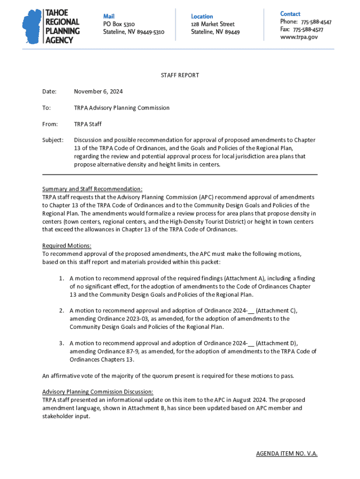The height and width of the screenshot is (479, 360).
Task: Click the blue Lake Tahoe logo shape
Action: (32, 27)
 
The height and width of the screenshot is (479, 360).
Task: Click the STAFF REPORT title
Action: (180, 75)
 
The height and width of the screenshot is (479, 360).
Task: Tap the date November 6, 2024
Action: (98, 92)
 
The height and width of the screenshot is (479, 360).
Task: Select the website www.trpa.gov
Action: (299, 37)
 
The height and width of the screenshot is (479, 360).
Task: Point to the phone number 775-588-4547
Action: (316, 22)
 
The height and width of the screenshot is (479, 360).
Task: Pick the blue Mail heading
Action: (108, 16)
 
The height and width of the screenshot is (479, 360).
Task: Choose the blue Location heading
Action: (202, 16)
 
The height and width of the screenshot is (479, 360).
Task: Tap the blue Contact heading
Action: (290, 14)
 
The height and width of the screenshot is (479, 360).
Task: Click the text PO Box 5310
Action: (119, 24)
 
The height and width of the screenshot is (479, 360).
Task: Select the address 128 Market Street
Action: (212, 24)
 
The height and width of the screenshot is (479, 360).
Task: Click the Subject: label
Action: (53, 140)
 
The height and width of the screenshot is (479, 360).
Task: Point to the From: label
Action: (50, 124)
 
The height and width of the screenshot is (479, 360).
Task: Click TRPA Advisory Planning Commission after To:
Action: (122, 108)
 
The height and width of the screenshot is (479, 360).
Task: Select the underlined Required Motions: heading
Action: (67, 246)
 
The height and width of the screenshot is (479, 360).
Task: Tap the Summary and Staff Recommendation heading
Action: (92, 189)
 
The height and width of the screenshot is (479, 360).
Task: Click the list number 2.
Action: (61, 311)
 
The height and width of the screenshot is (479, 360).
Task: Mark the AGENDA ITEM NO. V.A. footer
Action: (287, 454)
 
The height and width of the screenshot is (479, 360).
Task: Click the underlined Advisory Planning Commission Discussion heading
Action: (98, 392)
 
